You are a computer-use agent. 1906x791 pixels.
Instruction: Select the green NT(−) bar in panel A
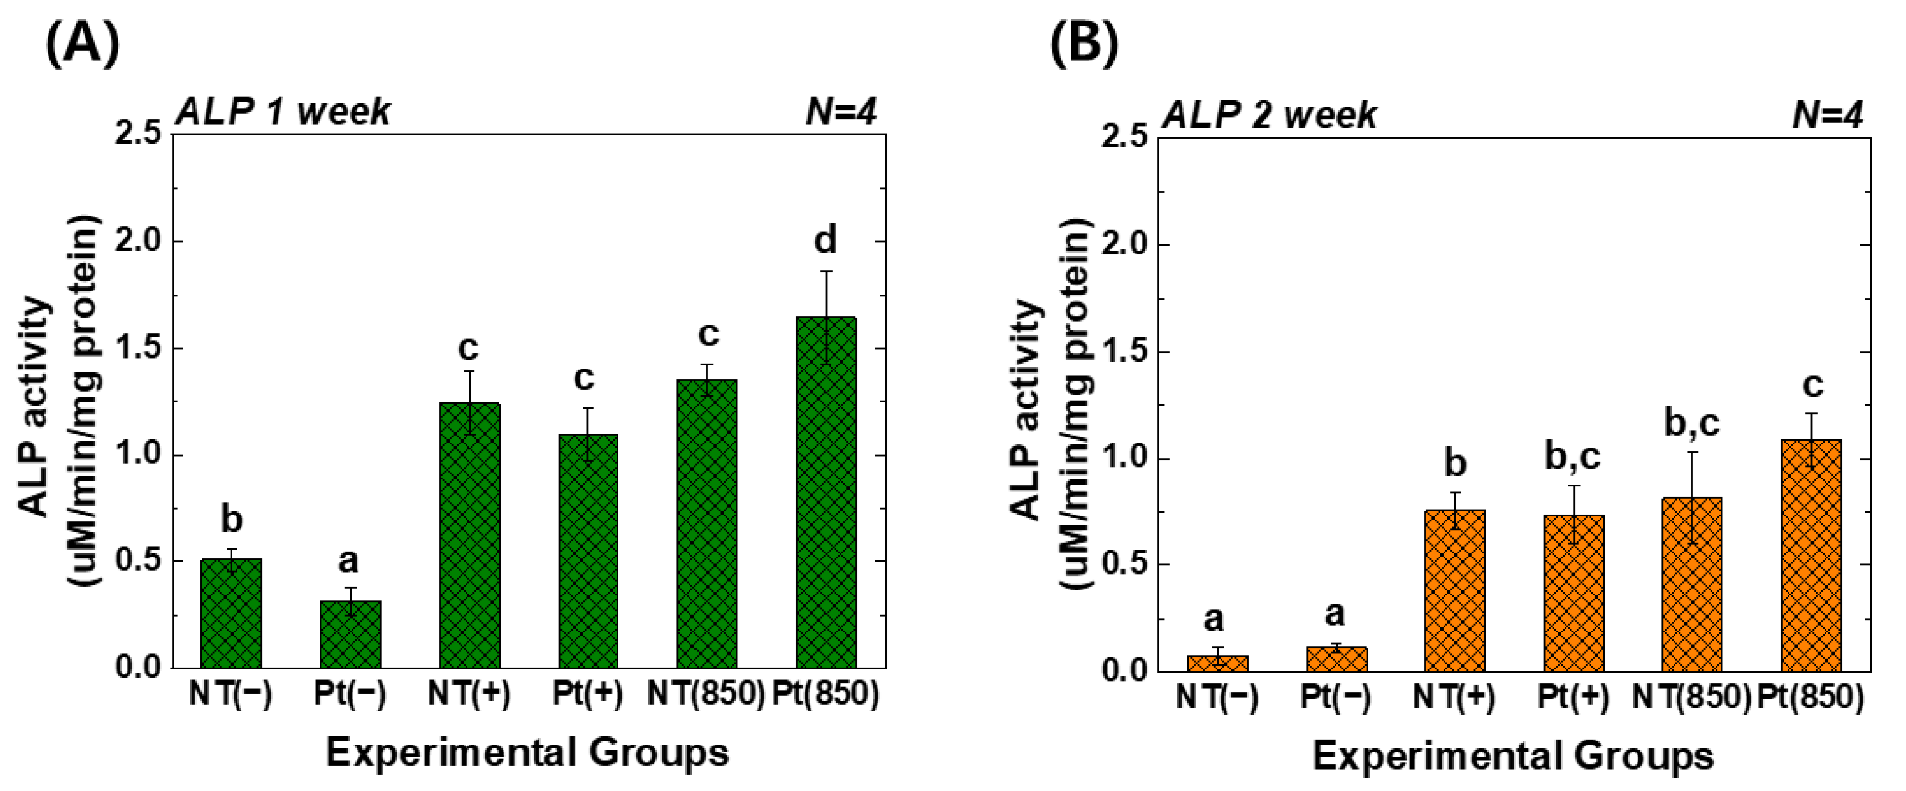231,614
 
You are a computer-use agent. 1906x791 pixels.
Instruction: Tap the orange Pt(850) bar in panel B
1811,555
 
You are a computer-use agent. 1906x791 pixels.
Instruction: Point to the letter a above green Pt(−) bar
348,561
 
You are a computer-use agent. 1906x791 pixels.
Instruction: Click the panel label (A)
82,45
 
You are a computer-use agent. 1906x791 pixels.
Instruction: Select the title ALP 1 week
283,112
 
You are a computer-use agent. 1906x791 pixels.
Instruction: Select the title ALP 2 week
1269,115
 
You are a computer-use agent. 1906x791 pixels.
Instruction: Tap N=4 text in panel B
1828,115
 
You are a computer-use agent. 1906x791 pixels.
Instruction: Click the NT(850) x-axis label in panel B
1692,697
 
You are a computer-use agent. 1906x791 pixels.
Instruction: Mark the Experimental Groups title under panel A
527,753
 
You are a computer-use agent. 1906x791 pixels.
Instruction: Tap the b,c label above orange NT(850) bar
1692,423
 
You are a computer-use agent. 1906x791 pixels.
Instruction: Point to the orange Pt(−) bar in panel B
1336,659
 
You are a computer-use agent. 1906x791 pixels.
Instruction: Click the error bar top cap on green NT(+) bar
469,372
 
